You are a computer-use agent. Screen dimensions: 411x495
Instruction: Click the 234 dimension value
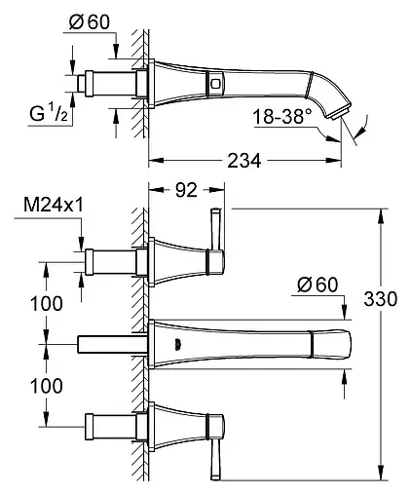click(x=243, y=160)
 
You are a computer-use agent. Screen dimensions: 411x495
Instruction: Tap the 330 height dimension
click(x=380, y=299)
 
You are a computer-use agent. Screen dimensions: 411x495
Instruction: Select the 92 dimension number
click(x=186, y=190)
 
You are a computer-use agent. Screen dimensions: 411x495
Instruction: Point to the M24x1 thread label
click(x=54, y=205)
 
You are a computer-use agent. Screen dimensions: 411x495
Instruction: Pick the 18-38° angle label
click(x=281, y=116)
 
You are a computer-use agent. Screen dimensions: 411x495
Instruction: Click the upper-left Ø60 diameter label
click(x=90, y=22)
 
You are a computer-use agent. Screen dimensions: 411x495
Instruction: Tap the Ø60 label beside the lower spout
click(x=318, y=285)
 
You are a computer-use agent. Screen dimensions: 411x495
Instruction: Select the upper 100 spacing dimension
click(x=47, y=304)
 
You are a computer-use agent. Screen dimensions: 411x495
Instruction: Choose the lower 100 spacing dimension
click(x=47, y=386)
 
